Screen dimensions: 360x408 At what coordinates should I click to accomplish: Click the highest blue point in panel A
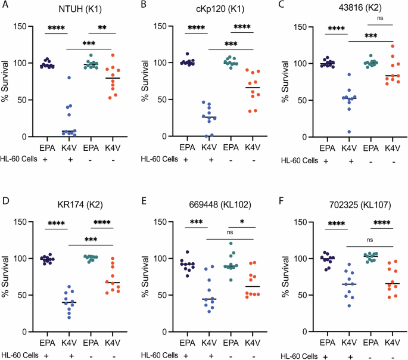[69, 78]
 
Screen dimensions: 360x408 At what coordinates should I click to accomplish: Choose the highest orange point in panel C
[376, 46]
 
